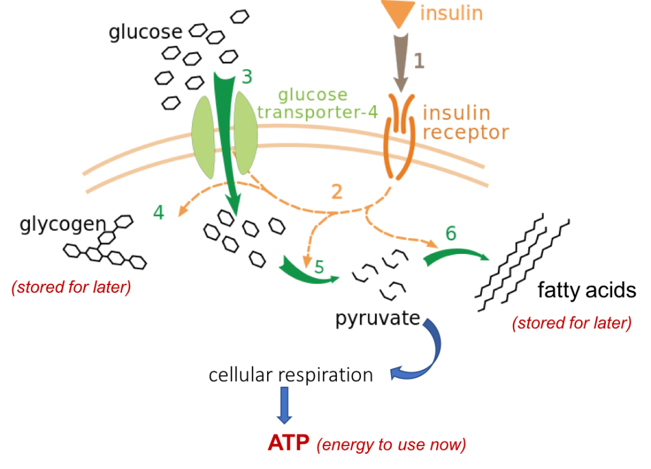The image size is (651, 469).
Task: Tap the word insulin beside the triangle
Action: [x=451, y=13]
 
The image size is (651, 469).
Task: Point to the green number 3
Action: [x=247, y=77]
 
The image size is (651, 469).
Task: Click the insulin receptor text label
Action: [x=465, y=122]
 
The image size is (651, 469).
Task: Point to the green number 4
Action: [x=158, y=212]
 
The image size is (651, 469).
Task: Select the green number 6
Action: [x=450, y=234]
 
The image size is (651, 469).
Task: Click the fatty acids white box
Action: [x=584, y=291]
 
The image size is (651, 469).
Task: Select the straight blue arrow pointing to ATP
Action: [x=284, y=404]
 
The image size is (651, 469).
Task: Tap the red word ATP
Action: [x=289, y=442]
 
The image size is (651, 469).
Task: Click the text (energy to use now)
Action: [x=391, y=445]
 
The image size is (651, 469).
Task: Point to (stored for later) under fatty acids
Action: [x=572, y=323]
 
